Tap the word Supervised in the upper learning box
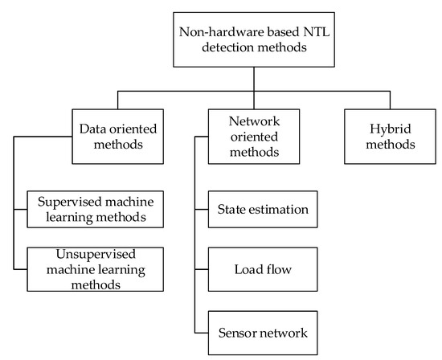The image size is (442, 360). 60,198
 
